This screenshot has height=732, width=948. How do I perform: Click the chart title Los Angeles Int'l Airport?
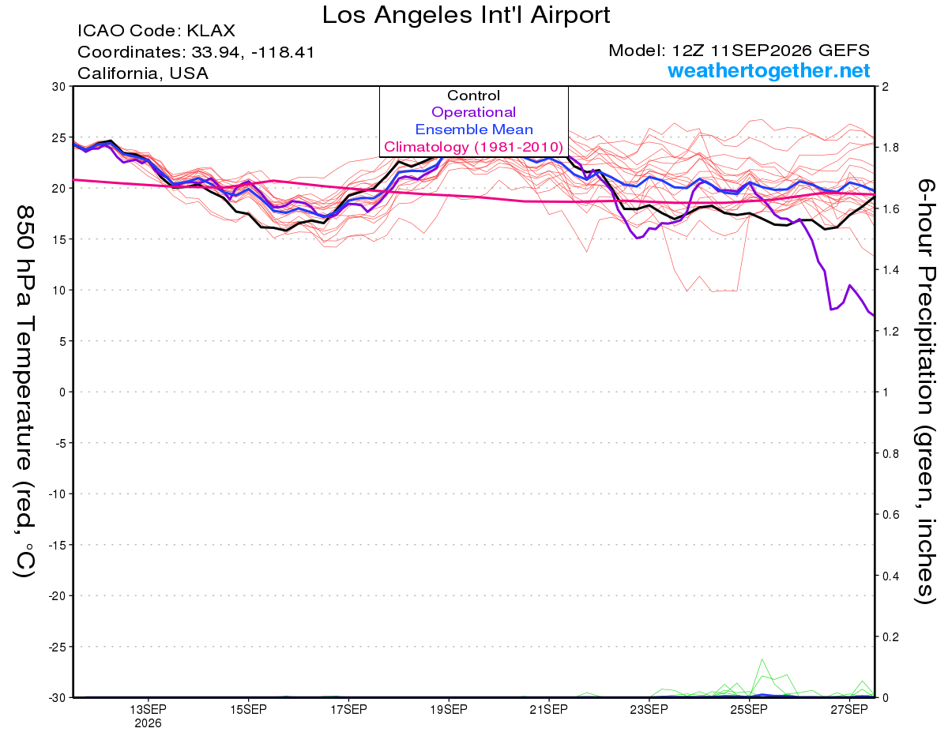465,15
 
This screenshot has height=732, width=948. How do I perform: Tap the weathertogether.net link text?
769,71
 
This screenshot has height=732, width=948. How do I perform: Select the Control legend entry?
473,96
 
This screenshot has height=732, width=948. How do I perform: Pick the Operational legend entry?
473,112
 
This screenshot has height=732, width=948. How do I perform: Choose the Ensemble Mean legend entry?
474,130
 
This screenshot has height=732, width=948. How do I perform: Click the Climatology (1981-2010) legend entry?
473,147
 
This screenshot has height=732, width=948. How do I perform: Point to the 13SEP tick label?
148,709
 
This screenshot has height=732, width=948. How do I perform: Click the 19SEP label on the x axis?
449,709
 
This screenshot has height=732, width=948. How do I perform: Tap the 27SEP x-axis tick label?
849,709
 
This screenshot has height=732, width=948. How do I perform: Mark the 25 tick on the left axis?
59,137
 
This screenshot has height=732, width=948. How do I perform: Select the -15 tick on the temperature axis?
57,545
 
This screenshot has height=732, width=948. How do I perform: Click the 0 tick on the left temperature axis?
62,392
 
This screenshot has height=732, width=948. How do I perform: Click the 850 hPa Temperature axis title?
25,391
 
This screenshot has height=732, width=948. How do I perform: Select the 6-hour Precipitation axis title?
925,391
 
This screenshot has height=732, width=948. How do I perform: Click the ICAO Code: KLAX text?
156,31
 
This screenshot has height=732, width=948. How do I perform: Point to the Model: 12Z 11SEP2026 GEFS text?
739,51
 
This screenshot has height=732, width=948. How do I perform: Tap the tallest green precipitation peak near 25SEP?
762,659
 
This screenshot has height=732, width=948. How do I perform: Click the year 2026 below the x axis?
148,724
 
